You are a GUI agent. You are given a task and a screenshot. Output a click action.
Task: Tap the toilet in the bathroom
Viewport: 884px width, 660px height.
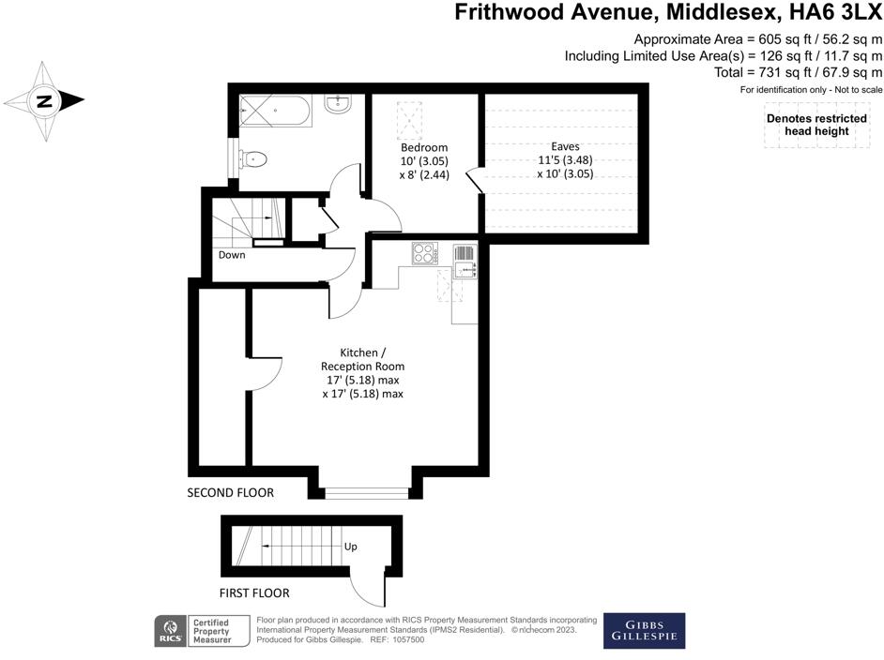click(x=254, y=159)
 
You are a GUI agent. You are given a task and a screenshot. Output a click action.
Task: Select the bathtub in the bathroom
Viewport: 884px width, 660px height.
click(x=278, y=112)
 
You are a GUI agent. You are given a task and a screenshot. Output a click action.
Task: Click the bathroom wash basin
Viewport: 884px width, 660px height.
click(x=338, y=106)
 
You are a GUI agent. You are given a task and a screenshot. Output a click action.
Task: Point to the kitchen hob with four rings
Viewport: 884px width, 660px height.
click(x=424, y=253)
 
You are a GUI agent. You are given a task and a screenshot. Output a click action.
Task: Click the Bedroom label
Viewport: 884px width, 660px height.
click(x=424, y=147)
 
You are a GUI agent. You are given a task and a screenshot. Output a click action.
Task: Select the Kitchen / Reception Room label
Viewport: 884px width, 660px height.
click(x=362, y=359)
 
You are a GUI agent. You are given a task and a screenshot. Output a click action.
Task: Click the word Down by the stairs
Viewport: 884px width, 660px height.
click(x=232, y=255)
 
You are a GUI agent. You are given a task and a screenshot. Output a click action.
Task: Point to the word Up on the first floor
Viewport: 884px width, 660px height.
click(x=350, y=547)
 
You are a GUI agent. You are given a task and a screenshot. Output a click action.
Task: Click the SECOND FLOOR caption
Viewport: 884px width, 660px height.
click(x=231, y=492)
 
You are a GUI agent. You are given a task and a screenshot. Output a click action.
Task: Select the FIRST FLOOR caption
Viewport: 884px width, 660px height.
click(x=253, y=592)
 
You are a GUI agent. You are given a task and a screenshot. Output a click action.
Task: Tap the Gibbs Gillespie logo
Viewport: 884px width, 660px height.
click(x=644, y=631)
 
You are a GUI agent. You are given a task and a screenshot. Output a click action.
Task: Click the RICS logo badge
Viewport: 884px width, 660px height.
click(x=171, y=631)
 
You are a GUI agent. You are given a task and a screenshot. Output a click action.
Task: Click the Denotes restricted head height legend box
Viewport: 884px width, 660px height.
click(x=816, y=126)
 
